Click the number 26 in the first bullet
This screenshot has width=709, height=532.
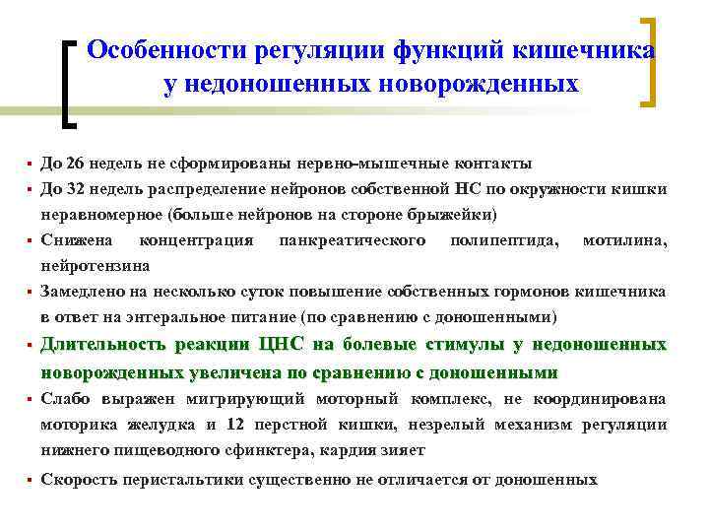coord(75,163)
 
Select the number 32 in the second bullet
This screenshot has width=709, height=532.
coord(75,188)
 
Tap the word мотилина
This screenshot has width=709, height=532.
coord(623,240)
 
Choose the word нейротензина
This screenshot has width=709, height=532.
coord(96,265)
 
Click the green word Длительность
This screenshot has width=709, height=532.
coord(102,345)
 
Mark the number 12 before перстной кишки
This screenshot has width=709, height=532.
coord(232,425)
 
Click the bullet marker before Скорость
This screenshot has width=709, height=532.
coord(31,480)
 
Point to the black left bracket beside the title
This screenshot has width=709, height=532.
coord(67,83)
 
